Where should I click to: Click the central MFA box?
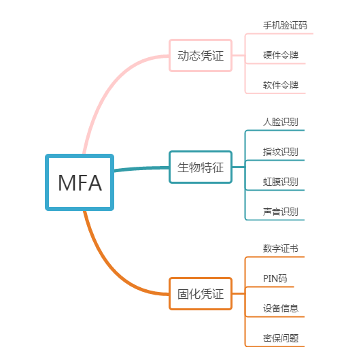[x=80, y=182]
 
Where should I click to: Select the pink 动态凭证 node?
[x=201, y=56]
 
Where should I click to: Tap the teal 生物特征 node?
[x=201, y=167]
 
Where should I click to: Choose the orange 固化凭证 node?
[x=201, y=293]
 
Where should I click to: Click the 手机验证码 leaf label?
[x=285, y=25]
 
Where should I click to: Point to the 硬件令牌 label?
[x=281, y=55]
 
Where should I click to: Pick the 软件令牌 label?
[x=281, y=85]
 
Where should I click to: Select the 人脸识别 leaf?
[x=281, y=122]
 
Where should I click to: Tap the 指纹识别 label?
[x=281, y=152]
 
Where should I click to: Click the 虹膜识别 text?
[x=281, y=182]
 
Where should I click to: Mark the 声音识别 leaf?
[x=281, y=212]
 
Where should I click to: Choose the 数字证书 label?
[x=281, y=248]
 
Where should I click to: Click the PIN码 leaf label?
[x=275, y=278]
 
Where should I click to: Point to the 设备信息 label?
[x=281, y=308]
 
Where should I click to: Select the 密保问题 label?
[x=281, y=338]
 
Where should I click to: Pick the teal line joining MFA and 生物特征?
[x=141, y=169]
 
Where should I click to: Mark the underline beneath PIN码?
[x=270, y=287]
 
